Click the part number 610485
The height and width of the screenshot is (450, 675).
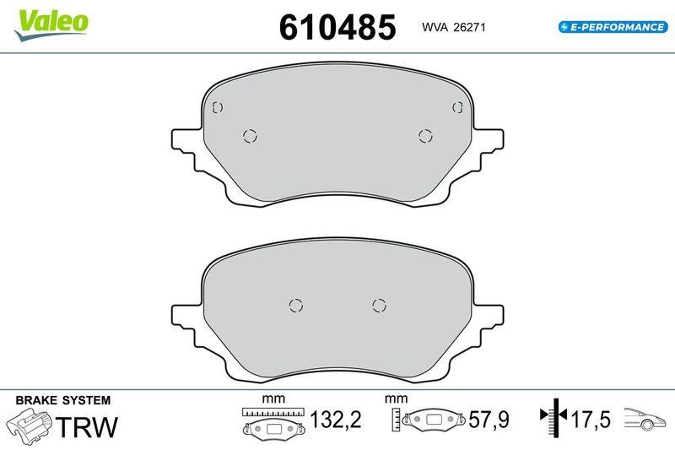[x=337, y=27]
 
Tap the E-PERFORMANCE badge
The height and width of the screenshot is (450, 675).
[x=613, y=27]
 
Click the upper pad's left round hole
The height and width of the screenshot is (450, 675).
[x=250, y=136]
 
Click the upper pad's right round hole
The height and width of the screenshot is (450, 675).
[x=425, y=136]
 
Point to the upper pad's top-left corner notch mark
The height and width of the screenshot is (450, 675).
[x=217, y=107]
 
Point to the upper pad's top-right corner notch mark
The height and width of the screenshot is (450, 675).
[x=458, y=107]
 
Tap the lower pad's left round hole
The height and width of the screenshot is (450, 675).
[x=295, y=305]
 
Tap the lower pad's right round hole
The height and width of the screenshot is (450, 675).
[x=379, y=305]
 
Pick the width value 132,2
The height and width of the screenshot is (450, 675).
[x=335, y=420]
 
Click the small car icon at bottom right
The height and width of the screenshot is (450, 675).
[x=646, y=417]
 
